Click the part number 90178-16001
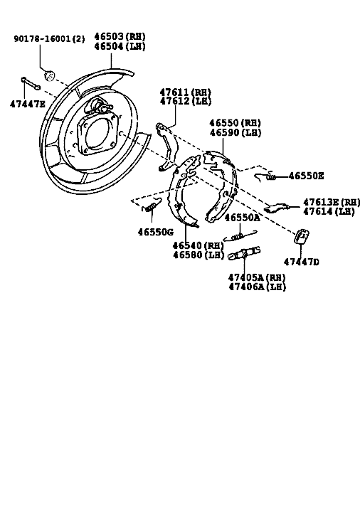(x=43, y=38)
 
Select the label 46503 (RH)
(x=120, y=36)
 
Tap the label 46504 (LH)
(x=120, y=46)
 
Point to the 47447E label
(x=27, y=104)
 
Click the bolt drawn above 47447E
(x=31, y=83)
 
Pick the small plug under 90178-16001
(x=49, y=75)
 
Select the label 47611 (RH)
(x=185, y=92)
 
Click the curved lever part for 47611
(x=167, y=147)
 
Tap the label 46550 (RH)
(x=235, y=122)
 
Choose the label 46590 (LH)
(x=235, y=132)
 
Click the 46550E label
(x=306, y=176)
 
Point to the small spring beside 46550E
(x=265, y=176)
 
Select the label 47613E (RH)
(x=332, y=202)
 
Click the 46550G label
(x=156, y=232)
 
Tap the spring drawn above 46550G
(x=151, y=205)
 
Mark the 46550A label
(x=242, y=218)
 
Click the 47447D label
(x=301, y=262)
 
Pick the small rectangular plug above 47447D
(x=302, y=237)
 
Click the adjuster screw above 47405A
(x=244, y=253)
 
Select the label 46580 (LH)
(x=198, y=255)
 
